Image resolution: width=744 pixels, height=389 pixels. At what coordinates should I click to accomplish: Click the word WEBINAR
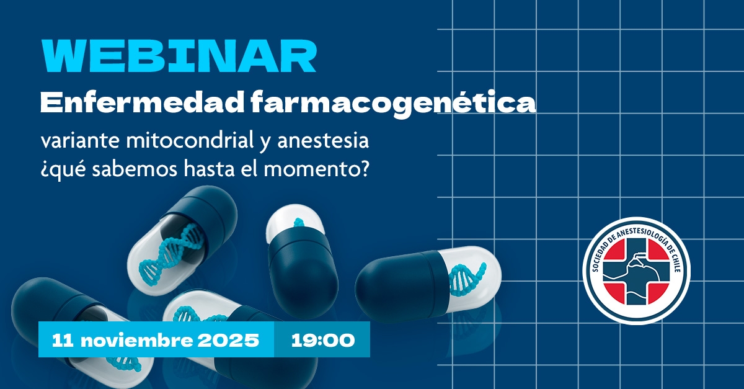pos(179,56)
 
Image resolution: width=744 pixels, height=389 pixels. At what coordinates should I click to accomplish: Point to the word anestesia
pos(323,141)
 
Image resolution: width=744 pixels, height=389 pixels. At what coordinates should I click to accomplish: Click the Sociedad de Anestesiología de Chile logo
pos(636,271)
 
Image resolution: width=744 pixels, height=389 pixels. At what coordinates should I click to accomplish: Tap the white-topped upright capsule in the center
pos(301,259)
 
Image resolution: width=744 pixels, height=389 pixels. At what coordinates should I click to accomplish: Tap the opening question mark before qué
pos(45,171)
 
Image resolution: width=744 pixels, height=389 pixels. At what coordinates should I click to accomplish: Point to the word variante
pos(80,141)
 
